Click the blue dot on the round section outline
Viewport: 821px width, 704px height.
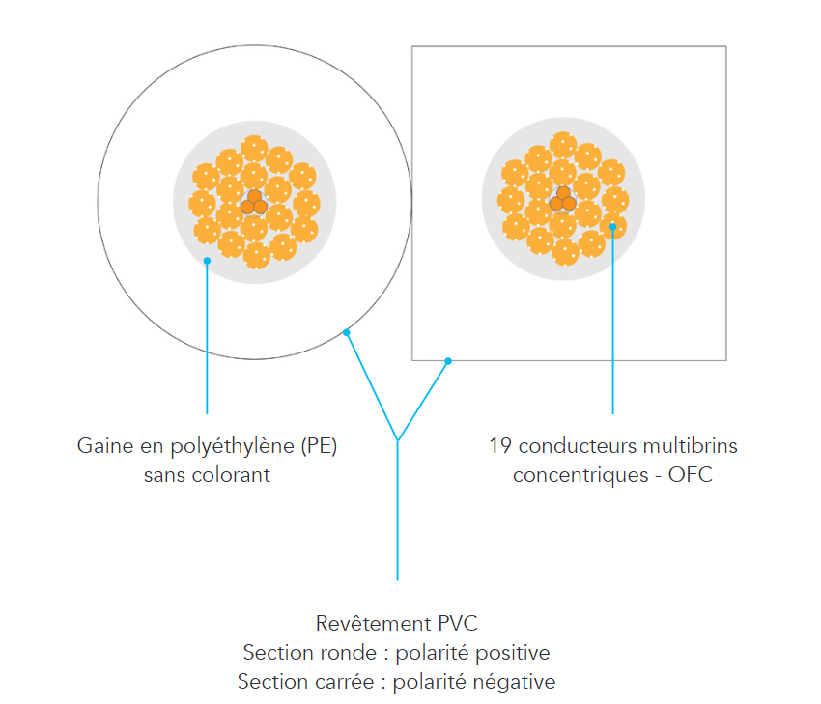[x=346, y=332]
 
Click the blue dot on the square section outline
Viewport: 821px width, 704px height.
[x=448, y=361]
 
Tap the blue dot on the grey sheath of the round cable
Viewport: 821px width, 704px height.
[x=208, y=261]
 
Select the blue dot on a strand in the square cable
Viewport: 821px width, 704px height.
[x=612, y=227]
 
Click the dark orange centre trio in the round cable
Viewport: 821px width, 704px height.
[x=254, y=203]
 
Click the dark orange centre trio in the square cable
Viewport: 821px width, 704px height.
[x=563, y=200]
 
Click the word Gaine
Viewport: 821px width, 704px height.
[x=105, y=446]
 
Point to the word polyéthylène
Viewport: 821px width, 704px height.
[x=233, y=447]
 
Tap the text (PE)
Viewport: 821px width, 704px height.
[x=319, y=446]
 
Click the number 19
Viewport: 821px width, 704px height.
[x=500, y=446]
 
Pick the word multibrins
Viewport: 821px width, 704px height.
[x=690, y=446]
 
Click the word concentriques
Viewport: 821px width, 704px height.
[x=580, y=476]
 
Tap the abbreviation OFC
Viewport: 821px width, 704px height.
[x=690, y=475]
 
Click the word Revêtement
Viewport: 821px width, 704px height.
[x=374, y=624]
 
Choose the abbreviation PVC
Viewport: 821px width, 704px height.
[x=458, y=624]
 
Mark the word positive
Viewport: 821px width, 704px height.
[x=513, y=653]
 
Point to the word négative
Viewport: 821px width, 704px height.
[x=514, y=682]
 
